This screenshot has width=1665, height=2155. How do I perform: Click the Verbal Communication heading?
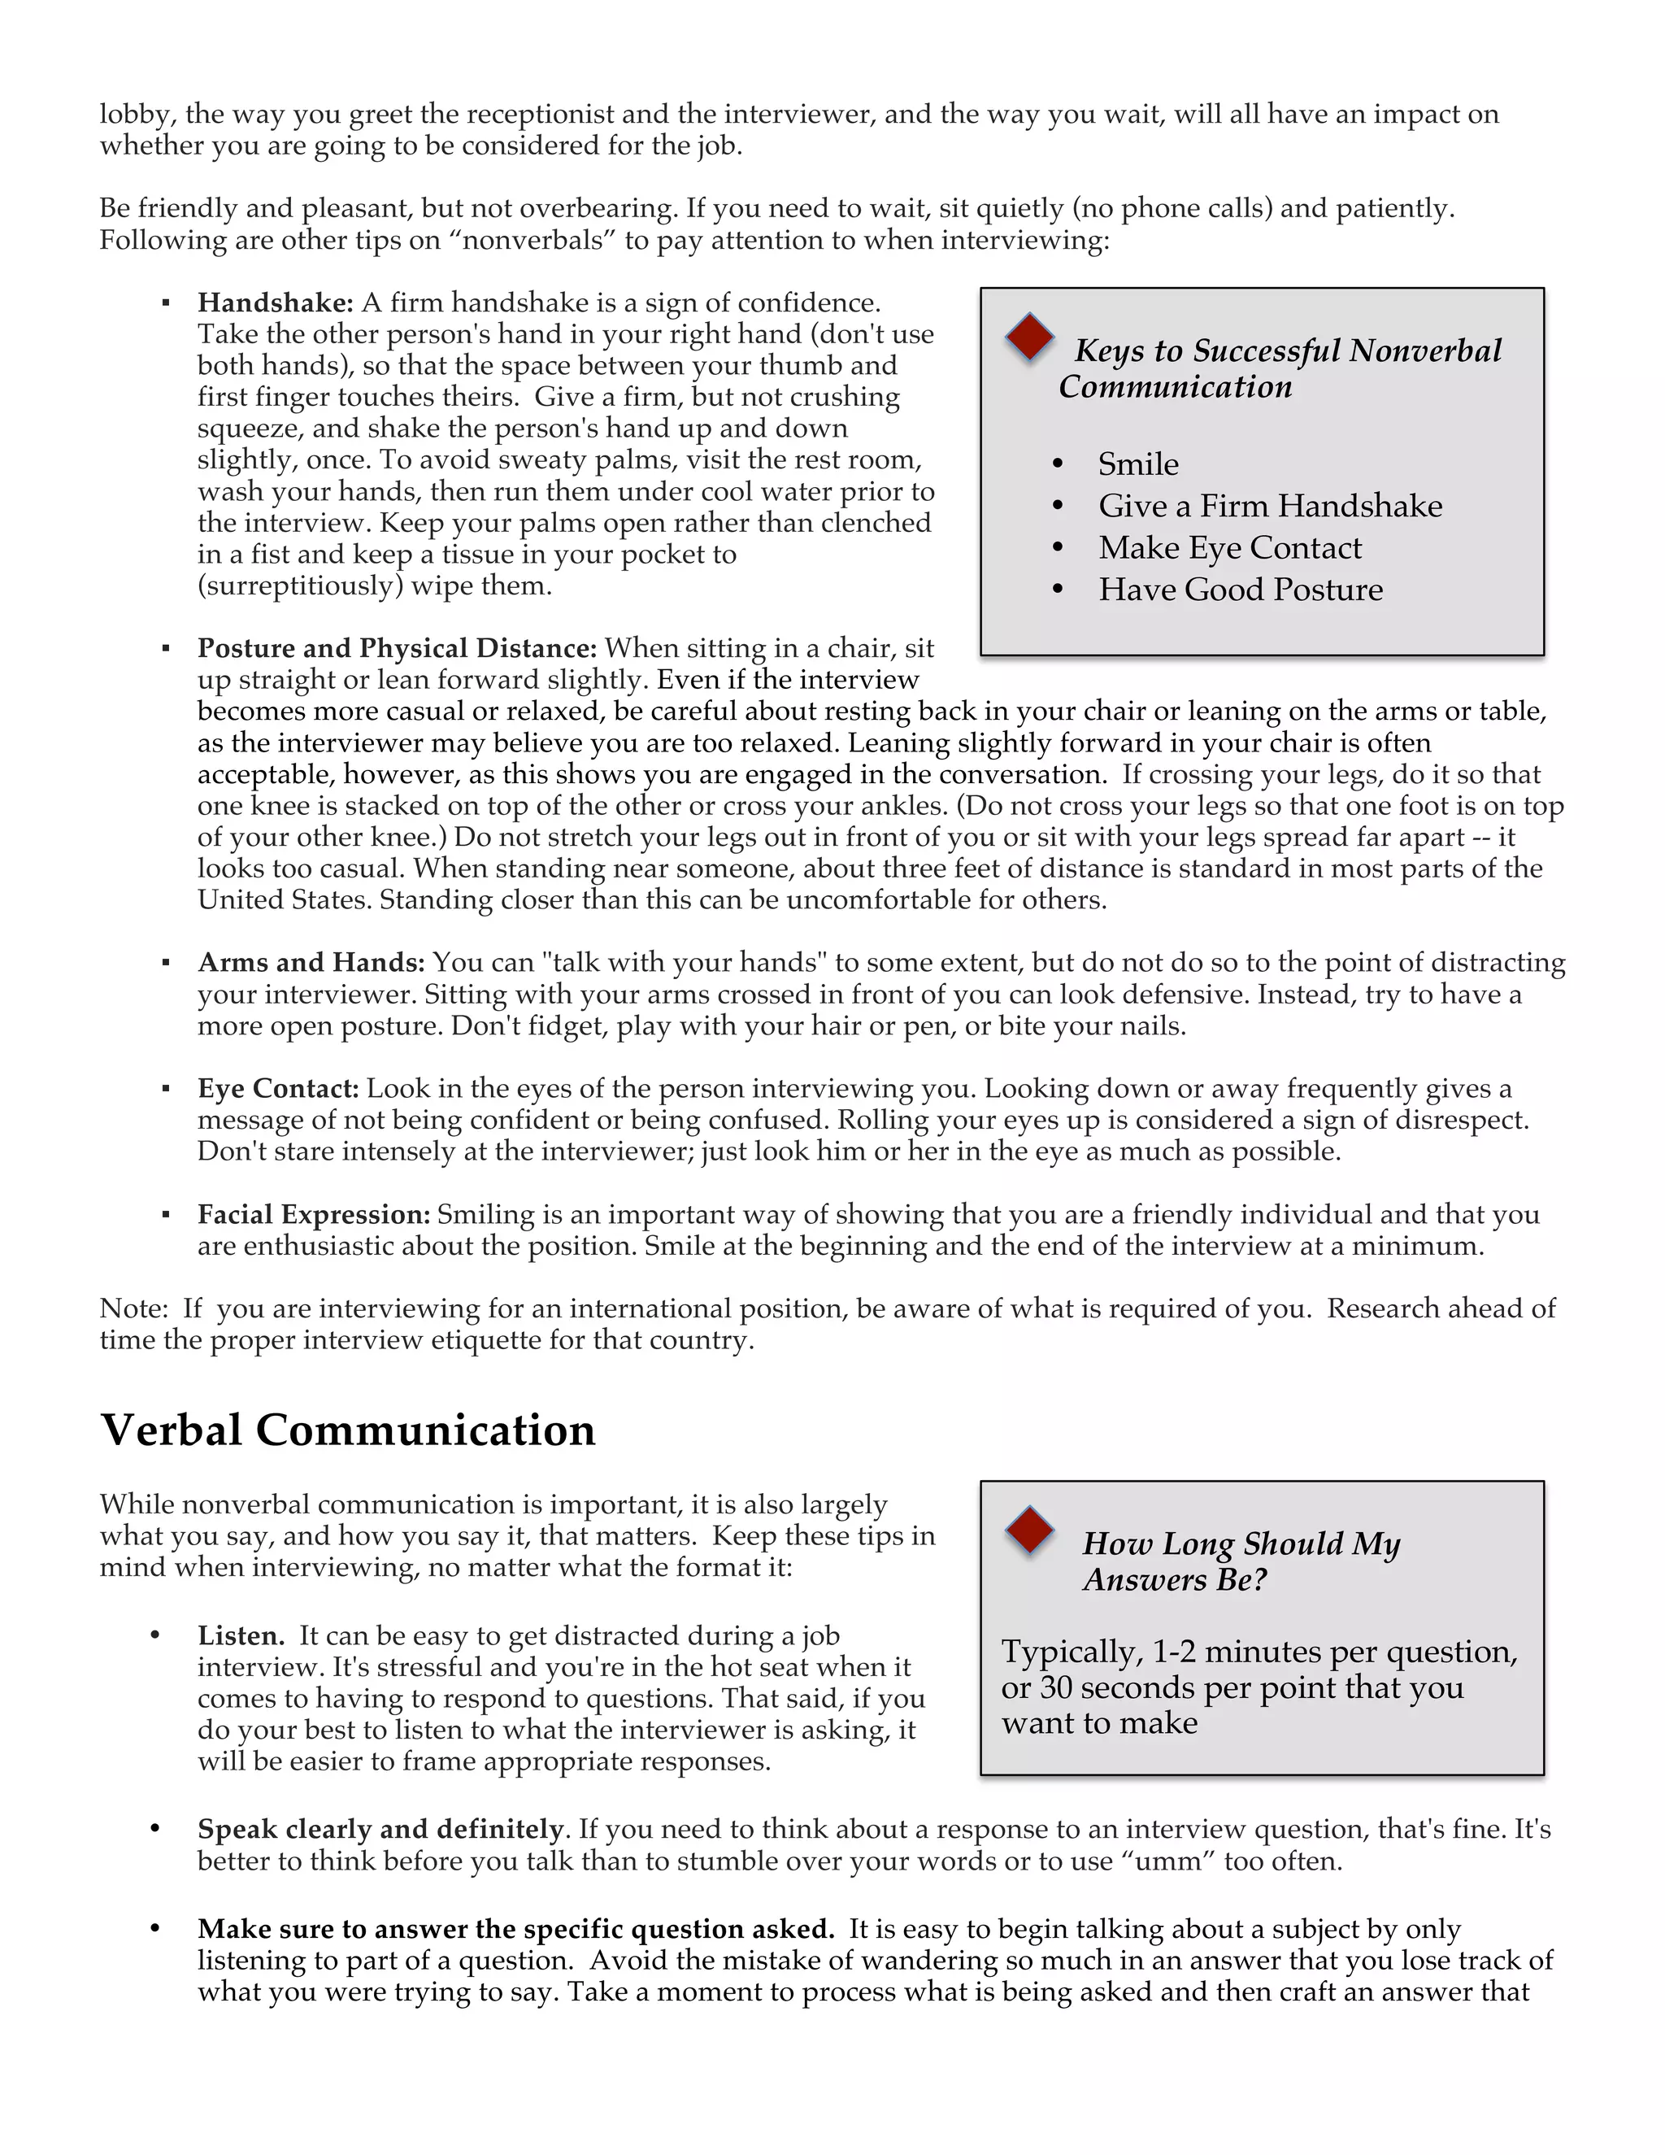tap(347, 1430)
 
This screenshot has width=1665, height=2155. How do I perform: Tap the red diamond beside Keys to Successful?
tap(1030, 337)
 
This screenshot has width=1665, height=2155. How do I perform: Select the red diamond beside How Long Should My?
tap(1030, 1530)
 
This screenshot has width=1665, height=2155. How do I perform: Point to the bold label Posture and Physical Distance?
tap(397, 647)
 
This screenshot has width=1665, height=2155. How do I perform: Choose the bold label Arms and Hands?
tap(311, 962)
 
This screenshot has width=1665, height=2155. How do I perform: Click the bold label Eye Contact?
tap(278, 1088)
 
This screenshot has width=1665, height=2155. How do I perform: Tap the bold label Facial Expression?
tap(314, 1215)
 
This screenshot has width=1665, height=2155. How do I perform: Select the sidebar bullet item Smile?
tap(1138, 464)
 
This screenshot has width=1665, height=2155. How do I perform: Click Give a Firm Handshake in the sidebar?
tap(1269, 506)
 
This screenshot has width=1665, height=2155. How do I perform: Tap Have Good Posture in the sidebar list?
tap(1240, 590)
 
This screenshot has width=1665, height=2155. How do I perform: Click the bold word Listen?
tap(241, 1636)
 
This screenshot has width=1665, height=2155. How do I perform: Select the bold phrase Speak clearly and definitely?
tap(380, 1830)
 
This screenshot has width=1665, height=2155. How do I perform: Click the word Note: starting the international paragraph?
tap(135, 1308)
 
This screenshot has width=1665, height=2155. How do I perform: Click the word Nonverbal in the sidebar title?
tap(1424, 350)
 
